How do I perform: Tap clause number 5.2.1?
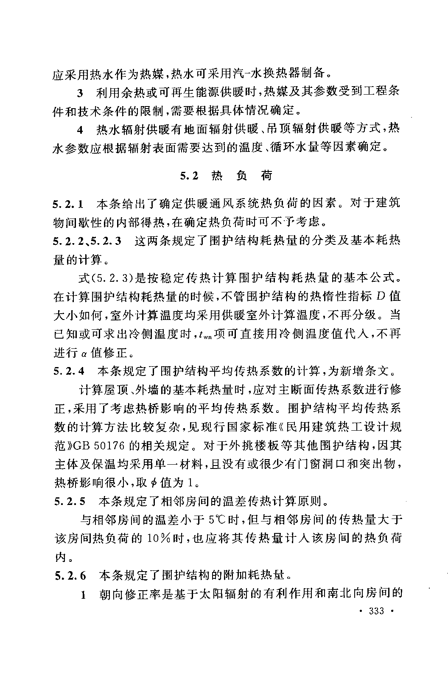(x=68, y=204)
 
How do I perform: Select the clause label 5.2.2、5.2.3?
(x=87, y=241)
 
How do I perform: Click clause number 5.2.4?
(x=69, y=370)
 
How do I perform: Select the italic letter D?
(x=381, y=296)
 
